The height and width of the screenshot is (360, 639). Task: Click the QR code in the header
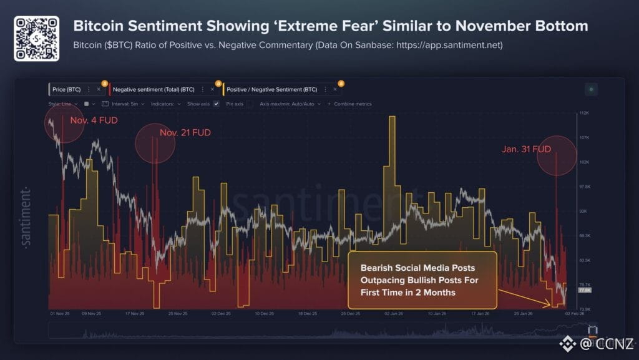(36, 38)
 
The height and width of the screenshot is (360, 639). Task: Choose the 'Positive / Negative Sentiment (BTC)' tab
(271, 89)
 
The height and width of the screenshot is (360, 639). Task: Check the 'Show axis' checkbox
(216, 104)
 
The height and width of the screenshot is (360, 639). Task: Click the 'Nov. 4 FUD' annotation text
(94, 120)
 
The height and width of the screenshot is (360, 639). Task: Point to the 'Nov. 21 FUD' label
(185, 133)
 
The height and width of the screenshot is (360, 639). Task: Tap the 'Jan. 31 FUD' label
(526, 149)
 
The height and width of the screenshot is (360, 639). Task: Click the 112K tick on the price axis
(584, 114)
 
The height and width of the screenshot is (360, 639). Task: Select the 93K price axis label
(583, 212)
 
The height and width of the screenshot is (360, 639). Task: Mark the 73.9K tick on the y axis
(585, 309)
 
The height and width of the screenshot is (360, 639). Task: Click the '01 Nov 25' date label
(61, 314)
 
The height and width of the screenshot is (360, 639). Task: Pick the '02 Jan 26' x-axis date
(391, 314)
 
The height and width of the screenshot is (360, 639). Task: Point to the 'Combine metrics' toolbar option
(353, 104)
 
